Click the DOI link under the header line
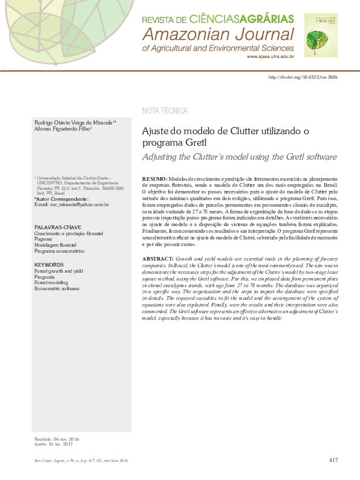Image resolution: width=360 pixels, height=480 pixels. tap(303, 78)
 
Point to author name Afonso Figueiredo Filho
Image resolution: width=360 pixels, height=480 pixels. tap(62, 129)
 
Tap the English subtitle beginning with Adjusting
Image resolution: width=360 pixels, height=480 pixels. tap(239, 157)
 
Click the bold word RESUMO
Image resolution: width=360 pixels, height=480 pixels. tap(155, 180)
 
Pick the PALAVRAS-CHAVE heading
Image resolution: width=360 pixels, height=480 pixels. tap(56, 227)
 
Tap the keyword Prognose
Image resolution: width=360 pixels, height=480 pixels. tap(43, 239)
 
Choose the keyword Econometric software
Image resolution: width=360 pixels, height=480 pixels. tap(56, 289)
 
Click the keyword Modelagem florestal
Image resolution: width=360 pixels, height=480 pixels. tap(56, 245)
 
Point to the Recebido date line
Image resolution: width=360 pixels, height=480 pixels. tap(57, 438)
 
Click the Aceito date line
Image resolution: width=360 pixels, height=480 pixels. tap(53, 444)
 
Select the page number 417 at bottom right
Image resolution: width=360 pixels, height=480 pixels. tap(333, 461)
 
